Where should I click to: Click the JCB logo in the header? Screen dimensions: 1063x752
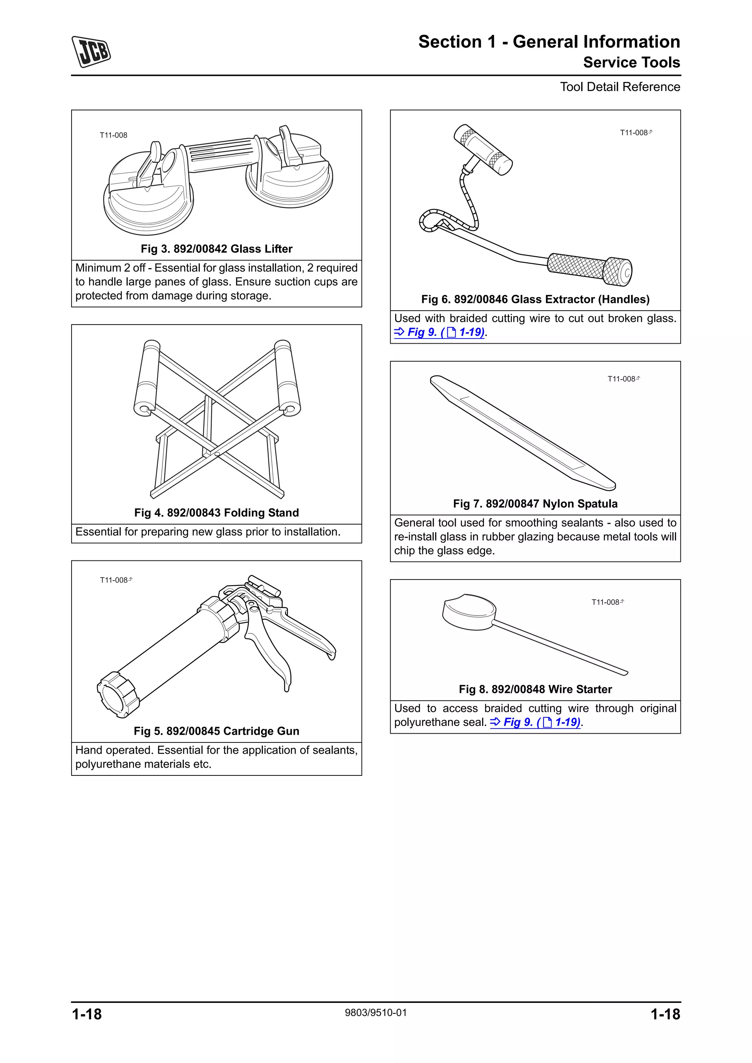[91, 51]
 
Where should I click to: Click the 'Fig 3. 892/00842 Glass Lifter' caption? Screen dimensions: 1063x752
[216, 249]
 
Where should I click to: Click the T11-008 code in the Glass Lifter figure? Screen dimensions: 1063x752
[113, 135]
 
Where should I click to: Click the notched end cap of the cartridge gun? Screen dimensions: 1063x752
[118, 694]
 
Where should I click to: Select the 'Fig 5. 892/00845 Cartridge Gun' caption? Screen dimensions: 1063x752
[216, 731]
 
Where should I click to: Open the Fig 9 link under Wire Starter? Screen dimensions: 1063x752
[535, 722]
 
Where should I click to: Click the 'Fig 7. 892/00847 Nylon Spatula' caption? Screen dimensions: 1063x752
[535, 504]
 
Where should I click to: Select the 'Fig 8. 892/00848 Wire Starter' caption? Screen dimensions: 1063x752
[535, 689]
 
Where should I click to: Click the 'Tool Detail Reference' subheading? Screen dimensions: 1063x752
[619, 87]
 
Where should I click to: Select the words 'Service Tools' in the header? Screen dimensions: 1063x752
[631, 62]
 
